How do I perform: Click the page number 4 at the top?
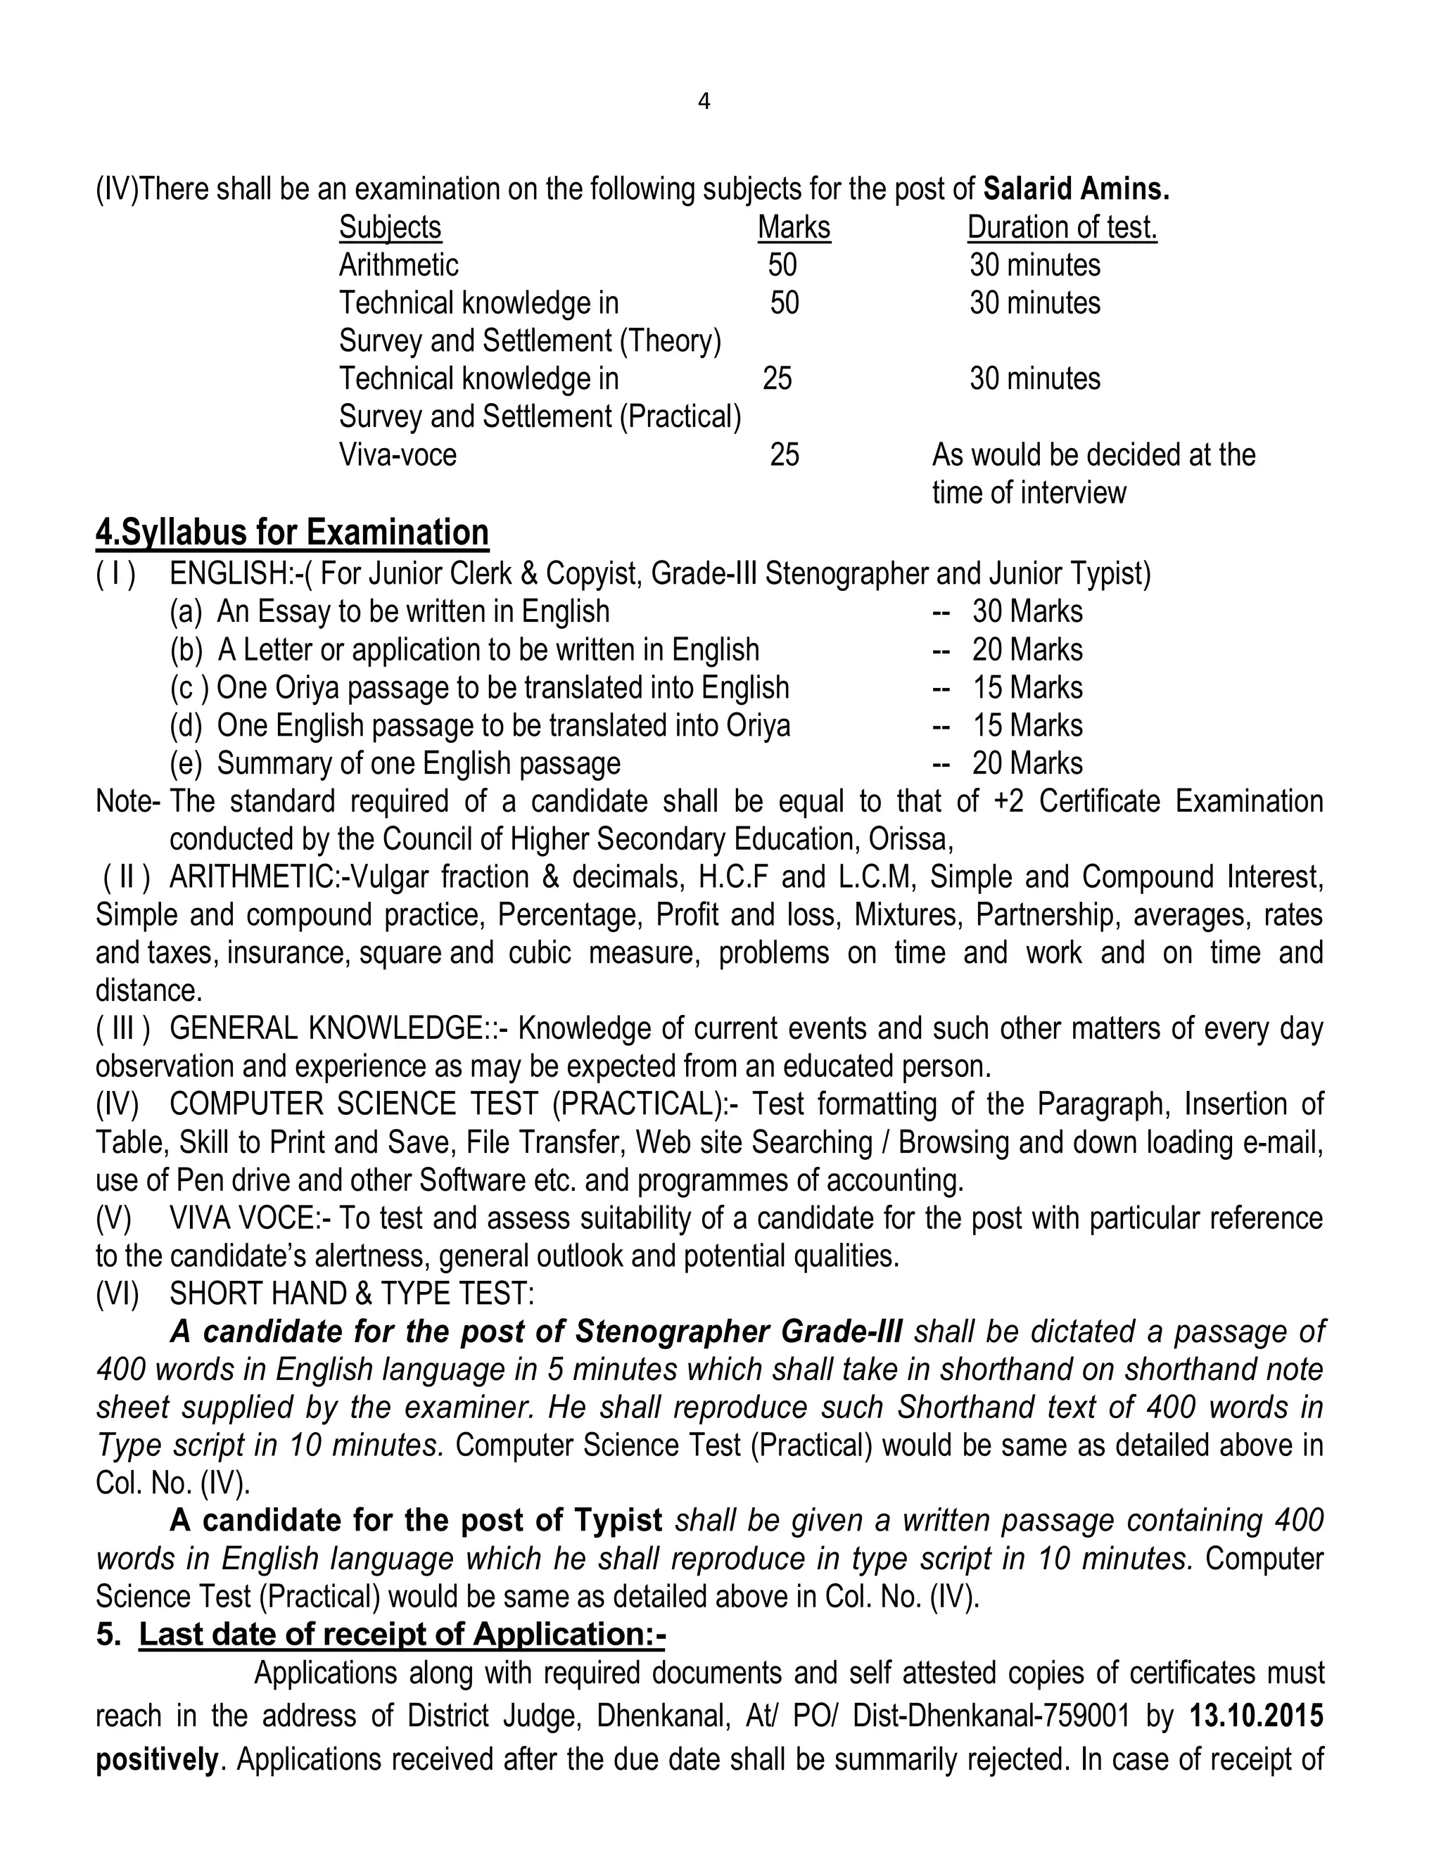pyautogui.click(x=704, y=103)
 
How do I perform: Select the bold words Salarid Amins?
pyautogui.click(x=1077, y=189)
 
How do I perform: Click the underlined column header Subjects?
pyautogui.click(x=390, y=227)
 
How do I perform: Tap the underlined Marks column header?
pyautogui.click(x=794, y=227)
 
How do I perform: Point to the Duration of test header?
pyautogui.click(x=1062, y=227)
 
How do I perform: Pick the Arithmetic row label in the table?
pyautogui.click(x=399, y=265)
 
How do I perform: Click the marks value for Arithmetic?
pyautogui.click(x=782, y=265)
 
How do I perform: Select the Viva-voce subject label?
pyautogui.click(x=398, y=455)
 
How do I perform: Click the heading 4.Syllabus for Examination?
pyautogui.click(x=292, y=532)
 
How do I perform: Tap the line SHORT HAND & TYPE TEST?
pyautogui.click(x=352, y=1294)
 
